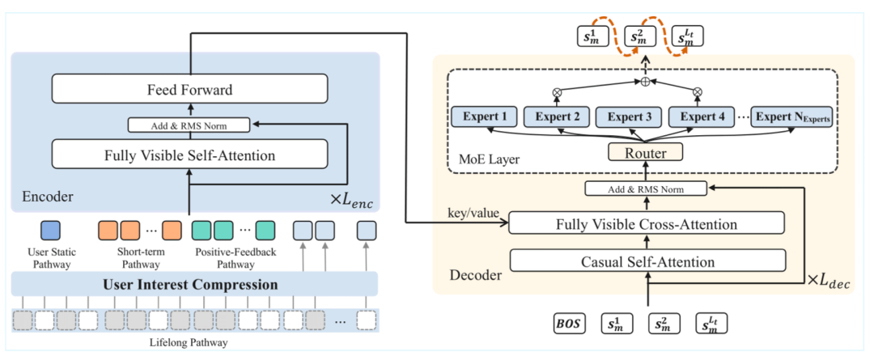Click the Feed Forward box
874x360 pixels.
[x=189, y=90]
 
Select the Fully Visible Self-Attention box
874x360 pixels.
[x=189, y=155]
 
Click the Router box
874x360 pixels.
[x=646, y=151]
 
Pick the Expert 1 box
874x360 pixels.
[x=485, y=116]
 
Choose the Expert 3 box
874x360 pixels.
[x=629, y=117]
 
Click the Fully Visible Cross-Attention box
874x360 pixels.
[x=647, y=225]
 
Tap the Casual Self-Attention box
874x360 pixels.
[x=647, y=260]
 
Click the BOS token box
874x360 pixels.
[x=570, y=323]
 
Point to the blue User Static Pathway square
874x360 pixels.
[x=51, y=231]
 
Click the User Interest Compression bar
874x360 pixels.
[x=194, y=285]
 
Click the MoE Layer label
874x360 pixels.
[x=490, y=160]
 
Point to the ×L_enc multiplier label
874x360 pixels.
[x=353, y=198]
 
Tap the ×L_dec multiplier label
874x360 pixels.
[x=829, y=282]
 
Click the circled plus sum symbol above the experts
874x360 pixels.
[x=646, y=82]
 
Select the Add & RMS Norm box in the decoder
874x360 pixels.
[x=646, y=189]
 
